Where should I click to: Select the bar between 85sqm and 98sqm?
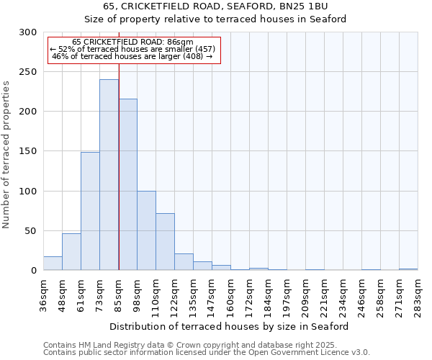127,184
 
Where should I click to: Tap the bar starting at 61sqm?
90,211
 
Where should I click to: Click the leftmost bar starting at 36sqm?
53,264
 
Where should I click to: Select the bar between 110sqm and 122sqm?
165,242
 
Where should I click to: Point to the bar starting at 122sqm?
184,262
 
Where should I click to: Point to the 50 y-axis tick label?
31,231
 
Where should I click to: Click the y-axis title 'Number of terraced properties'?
6,155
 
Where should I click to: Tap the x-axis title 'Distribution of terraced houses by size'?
230,326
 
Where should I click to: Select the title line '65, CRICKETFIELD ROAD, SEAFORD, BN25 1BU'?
215,6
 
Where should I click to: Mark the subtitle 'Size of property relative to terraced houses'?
215,19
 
